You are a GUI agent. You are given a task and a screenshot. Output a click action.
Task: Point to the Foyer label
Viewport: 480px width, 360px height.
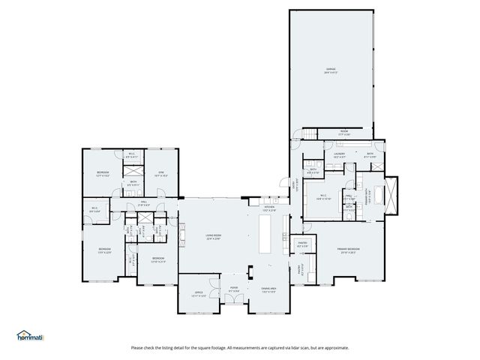pos(234,288)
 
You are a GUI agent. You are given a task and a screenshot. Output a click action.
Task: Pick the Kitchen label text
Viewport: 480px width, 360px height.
pos(268,210)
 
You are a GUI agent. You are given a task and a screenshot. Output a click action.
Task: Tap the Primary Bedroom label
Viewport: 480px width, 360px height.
pos(348,249)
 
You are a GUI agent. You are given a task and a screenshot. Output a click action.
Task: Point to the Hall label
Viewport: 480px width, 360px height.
pos(143,203)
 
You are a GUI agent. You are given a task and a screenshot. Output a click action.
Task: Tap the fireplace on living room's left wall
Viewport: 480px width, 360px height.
pos(179,236)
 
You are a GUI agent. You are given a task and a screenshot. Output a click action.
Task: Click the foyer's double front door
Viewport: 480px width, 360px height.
pos(234,299)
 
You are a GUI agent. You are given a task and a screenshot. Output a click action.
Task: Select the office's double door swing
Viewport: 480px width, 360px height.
pos(212,301)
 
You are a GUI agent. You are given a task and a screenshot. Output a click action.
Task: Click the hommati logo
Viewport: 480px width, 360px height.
pos(30,336)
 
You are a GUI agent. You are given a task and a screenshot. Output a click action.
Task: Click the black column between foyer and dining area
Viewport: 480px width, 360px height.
pos(253,271)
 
